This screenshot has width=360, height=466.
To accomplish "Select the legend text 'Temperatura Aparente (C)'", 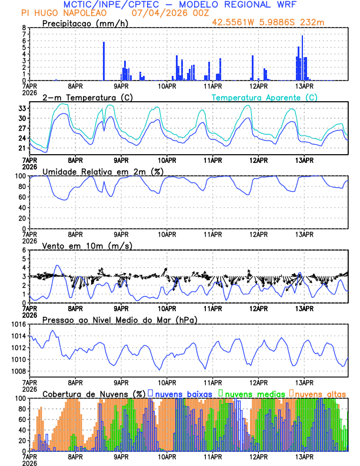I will [x=265, y=97].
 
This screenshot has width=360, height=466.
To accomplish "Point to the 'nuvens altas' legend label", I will [x=321, y=393].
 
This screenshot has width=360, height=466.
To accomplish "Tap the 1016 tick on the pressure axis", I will [x=19, y=324].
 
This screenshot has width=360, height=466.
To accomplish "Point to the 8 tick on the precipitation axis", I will [x=24, y=28].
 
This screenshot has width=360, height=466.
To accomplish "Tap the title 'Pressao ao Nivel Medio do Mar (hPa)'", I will [x=120, y=319].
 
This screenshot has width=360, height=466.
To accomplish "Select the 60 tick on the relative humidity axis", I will [x=22, y=197].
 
